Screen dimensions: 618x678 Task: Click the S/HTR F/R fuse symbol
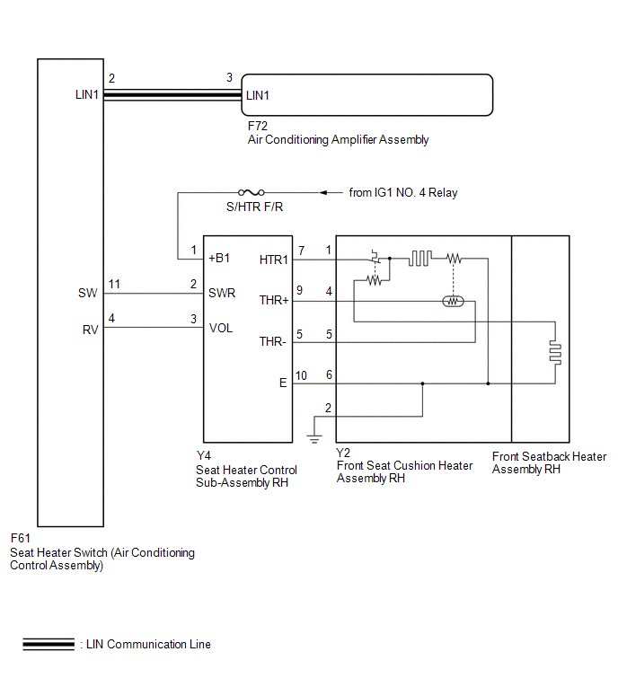click(252, 192)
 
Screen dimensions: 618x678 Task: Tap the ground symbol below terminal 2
click(314, 439)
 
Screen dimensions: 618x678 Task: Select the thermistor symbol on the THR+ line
click(454, 301)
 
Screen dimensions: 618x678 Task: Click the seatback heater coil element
click(556, 352)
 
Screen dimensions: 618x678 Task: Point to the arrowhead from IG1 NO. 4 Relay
click(323, 192)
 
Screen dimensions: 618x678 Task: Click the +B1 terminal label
click(219, 258)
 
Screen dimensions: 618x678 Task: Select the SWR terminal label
click(222, 293)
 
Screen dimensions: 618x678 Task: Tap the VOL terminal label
click(221, 328)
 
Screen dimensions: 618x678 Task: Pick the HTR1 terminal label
click(273, 260)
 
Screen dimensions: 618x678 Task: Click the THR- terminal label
click(272, 341)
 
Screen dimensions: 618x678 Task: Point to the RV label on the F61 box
click(91, 330)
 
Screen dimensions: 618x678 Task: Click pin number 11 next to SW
click(114, 284)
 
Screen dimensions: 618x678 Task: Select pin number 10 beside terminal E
click(301, 375)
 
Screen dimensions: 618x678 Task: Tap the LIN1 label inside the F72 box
click(257, 95)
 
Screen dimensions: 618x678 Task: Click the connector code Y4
click(203, 456)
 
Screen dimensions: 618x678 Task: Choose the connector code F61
click(21, 538)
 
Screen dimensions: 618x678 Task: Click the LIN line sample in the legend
click(49, 644)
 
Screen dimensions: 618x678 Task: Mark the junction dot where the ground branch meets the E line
click(422, 383)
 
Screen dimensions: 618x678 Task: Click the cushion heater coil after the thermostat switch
click(419, 258)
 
